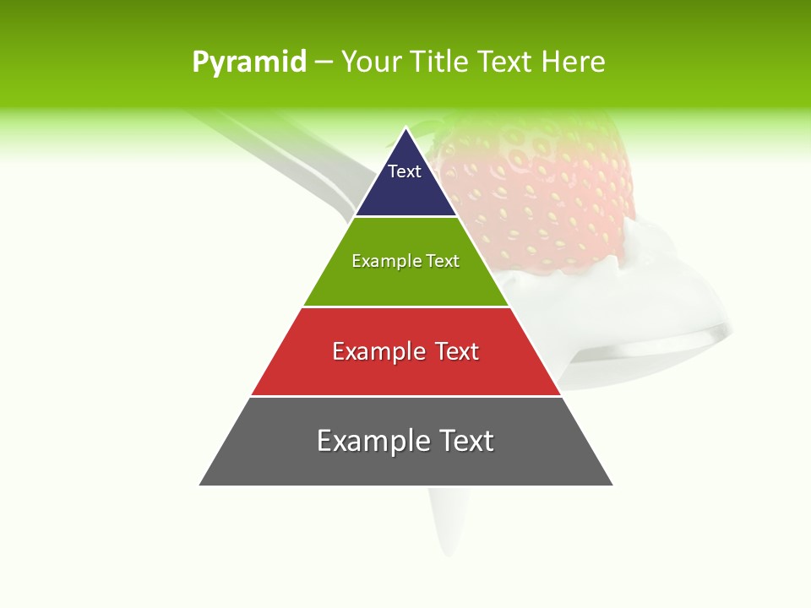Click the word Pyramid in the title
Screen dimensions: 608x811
coord(248,62)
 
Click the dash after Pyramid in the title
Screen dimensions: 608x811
coord(324,62)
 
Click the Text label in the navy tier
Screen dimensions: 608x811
coord(405,171)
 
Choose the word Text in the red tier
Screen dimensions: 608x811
coord(456,351)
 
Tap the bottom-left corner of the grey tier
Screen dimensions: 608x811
coord(201,484)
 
